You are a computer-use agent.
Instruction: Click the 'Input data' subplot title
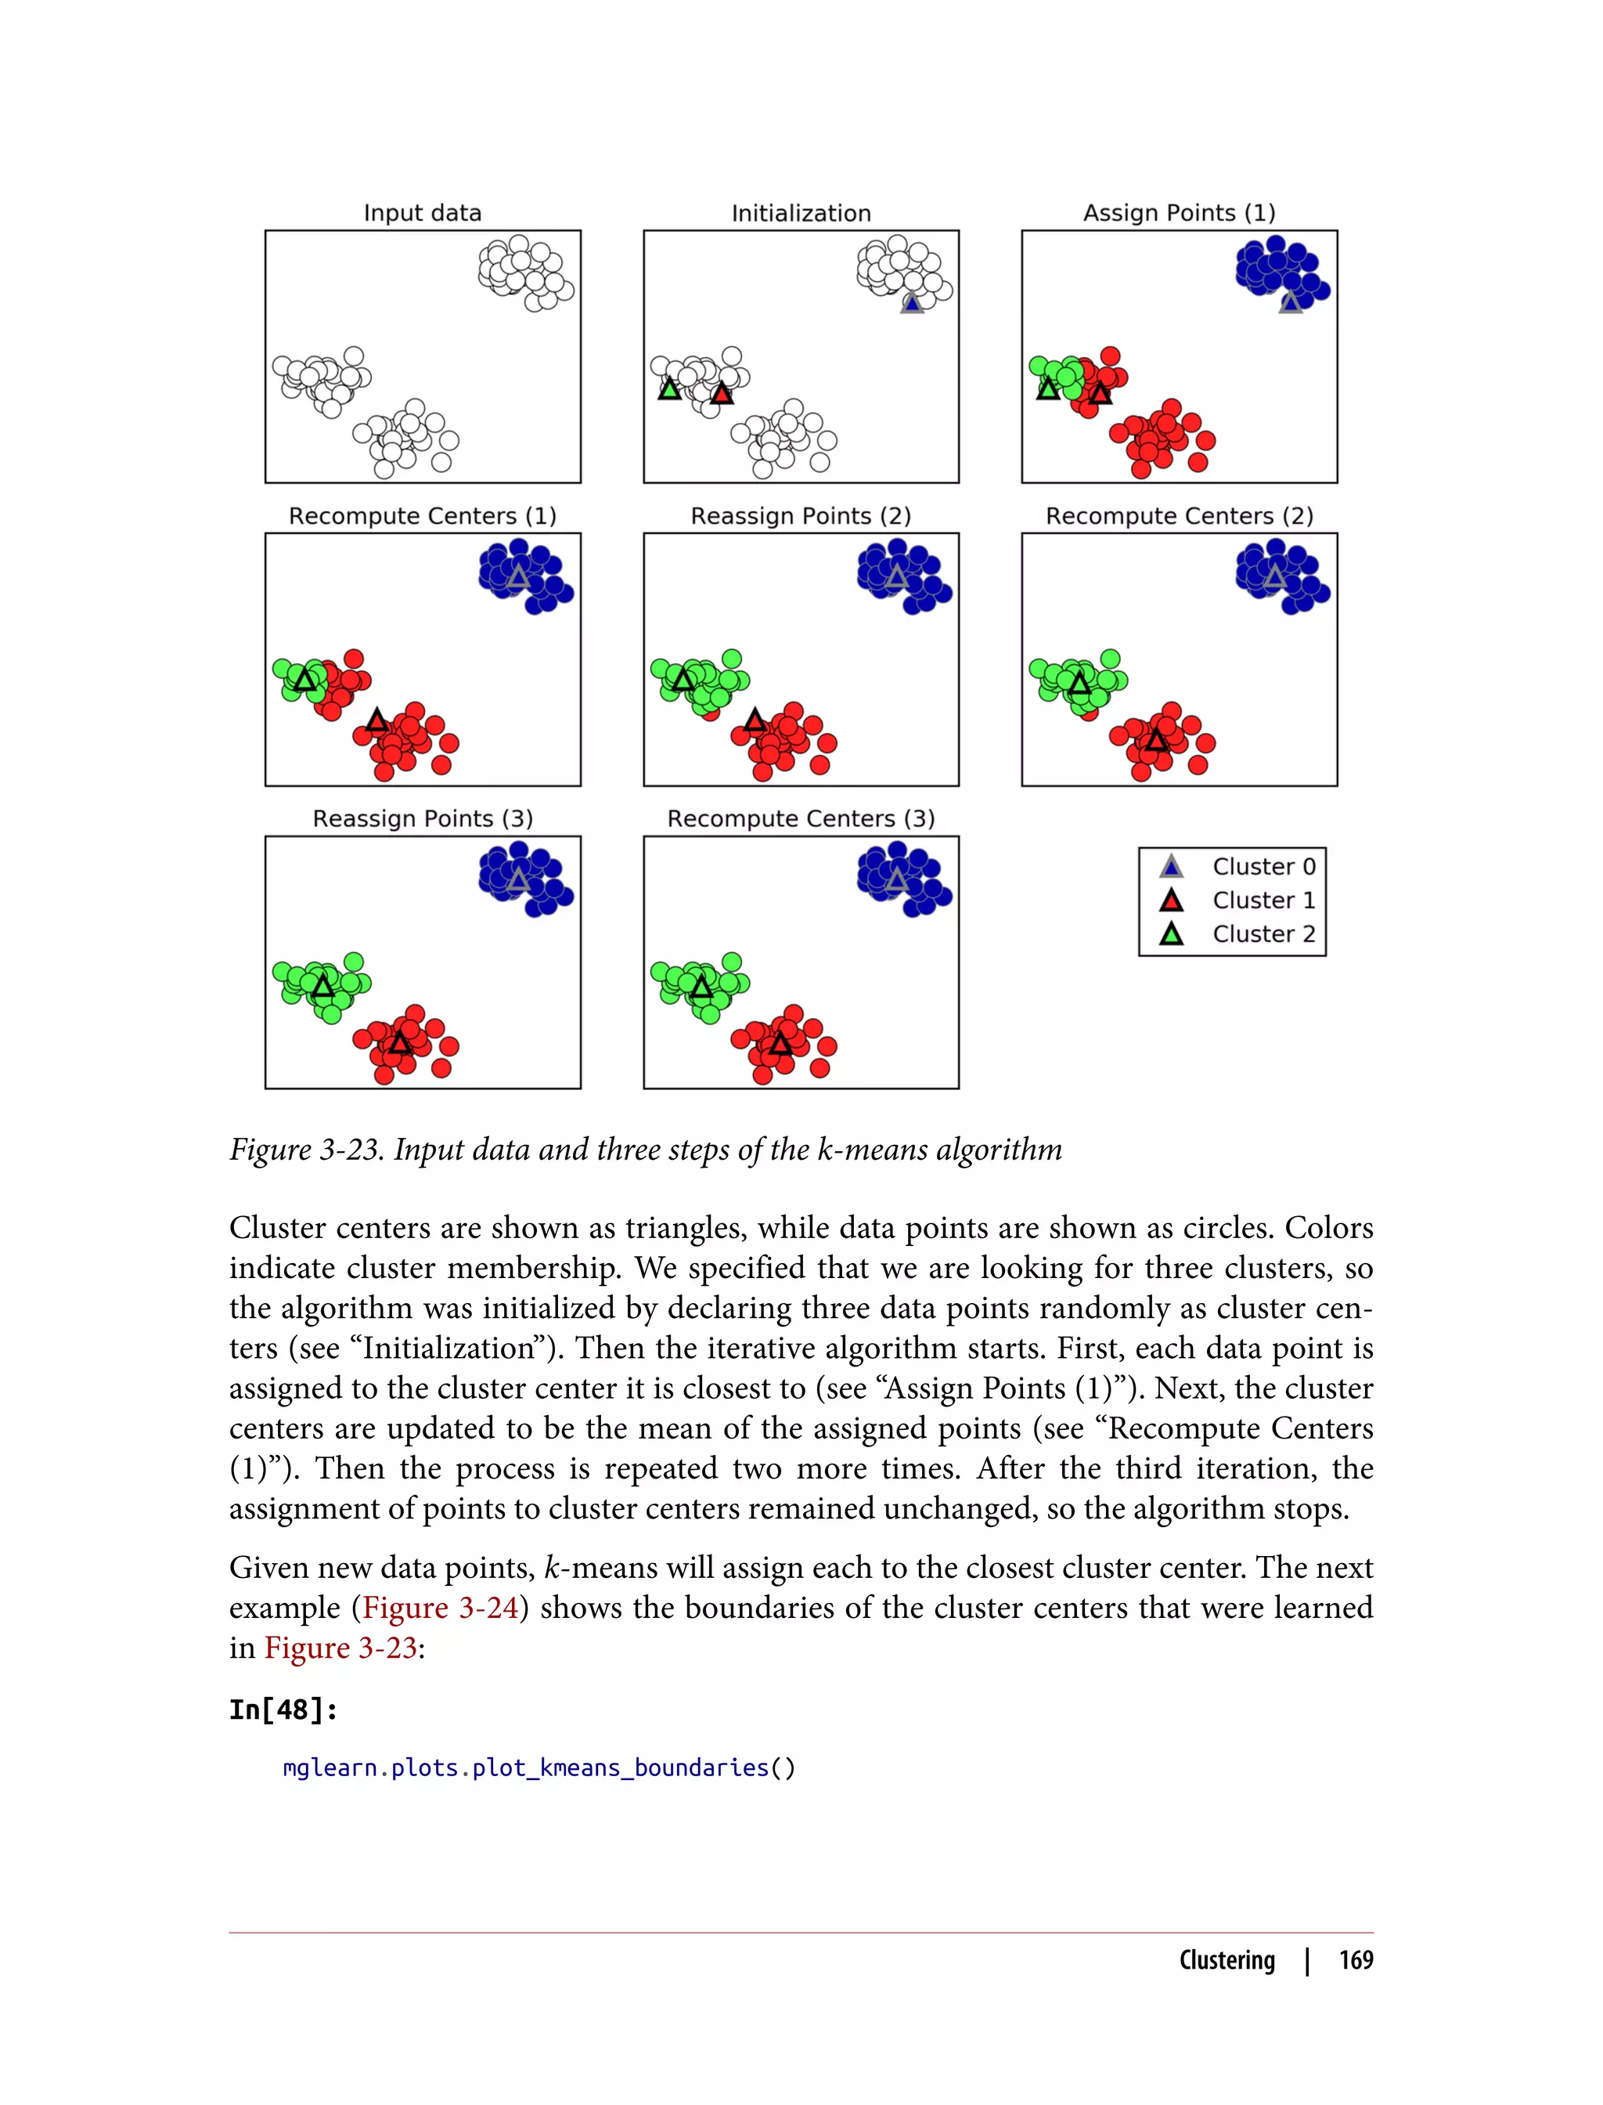click(422, 213)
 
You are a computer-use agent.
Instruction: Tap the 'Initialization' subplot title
click(801, 213)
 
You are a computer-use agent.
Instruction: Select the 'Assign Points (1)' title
click(1179, 213)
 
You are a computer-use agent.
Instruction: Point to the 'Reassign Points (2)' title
click(801, 515)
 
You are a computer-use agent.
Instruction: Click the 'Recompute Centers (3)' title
click(801, 818)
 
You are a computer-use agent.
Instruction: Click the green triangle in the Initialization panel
click(670, 389)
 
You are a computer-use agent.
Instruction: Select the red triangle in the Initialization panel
click(722, 393)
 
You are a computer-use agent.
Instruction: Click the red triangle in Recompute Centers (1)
click(377, 720)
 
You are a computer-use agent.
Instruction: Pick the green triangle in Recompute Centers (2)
click(1079, 684)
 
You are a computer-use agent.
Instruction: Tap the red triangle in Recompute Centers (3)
click(780, 1043)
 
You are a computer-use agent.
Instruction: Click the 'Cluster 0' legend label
click(1263, 866)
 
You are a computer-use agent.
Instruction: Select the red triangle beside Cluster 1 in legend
click(1171, 901)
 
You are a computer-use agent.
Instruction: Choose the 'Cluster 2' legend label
click(1263, 933)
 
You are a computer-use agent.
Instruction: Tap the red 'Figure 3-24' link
click(440, 1608)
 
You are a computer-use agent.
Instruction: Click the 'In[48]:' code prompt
click(283, 1710)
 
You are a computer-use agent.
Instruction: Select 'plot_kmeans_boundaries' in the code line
click(620, 1768)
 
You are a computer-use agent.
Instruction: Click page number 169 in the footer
click(1355, 1960)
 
